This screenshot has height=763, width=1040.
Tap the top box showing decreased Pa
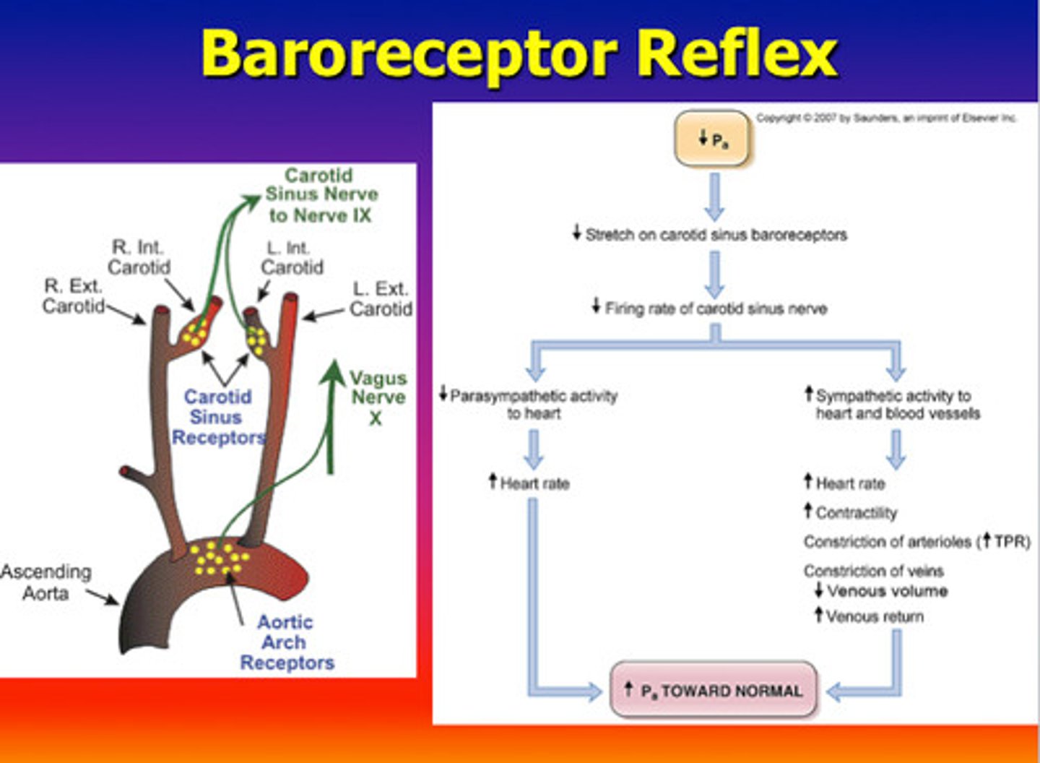(x=712, y=139)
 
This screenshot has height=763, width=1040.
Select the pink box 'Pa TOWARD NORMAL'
(x=714, y=691)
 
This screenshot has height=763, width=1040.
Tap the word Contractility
(x=856, y=513)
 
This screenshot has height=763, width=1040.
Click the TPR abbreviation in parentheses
(x=1010, y=542)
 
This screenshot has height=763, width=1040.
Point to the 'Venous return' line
(x=873, y=617)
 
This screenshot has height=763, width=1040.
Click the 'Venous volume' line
(x=886, y=591)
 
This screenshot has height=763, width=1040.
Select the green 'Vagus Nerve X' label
(x=377, y=397)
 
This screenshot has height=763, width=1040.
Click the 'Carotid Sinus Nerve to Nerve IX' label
(x=321, y=195)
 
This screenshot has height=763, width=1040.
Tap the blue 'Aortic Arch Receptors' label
(x=286, y=642)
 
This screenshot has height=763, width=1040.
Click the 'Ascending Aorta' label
(x=46, y=582)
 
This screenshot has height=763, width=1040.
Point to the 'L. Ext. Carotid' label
(x=381, y=298)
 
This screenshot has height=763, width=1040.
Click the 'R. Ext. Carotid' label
(x=73, y=296)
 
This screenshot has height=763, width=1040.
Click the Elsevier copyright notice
(x=886, y=118)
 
